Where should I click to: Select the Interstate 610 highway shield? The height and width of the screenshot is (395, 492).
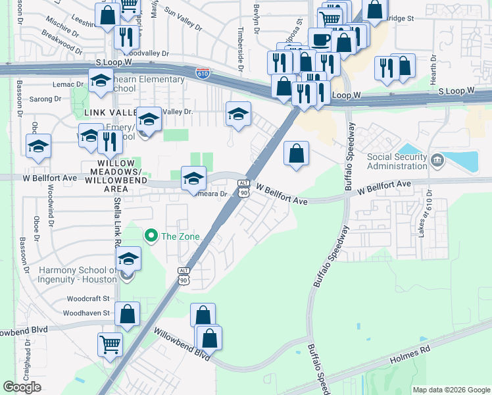click(x=203, y=73)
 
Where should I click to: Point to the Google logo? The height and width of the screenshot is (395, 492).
click(x=22, y=387)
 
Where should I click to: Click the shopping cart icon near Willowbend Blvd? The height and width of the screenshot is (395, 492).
click(x=110, y=344)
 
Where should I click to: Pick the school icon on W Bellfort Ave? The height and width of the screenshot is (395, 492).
click(x=193, y=178)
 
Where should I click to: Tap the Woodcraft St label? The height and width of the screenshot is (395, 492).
click(x=88, y=299)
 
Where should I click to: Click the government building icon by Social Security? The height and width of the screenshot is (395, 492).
click(x=437, y=159)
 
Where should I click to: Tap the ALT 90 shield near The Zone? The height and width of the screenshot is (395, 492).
click(x=184, y=276)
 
